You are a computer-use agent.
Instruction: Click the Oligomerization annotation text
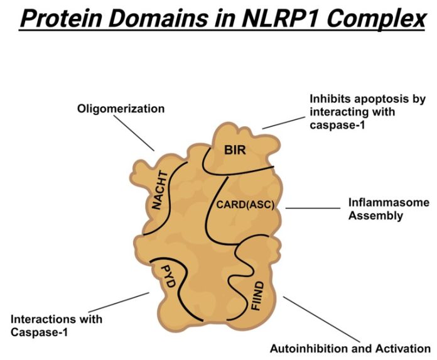tap(121, 109)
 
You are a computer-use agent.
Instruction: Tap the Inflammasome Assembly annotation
tap(389, 209)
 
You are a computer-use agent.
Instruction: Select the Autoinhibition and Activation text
tap(350, 348)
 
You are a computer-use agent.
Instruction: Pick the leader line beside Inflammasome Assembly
tap(311, 208)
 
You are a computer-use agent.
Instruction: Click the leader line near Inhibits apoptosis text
tap(282, 123)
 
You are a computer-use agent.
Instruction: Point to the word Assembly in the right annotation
tap(375, 215)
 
